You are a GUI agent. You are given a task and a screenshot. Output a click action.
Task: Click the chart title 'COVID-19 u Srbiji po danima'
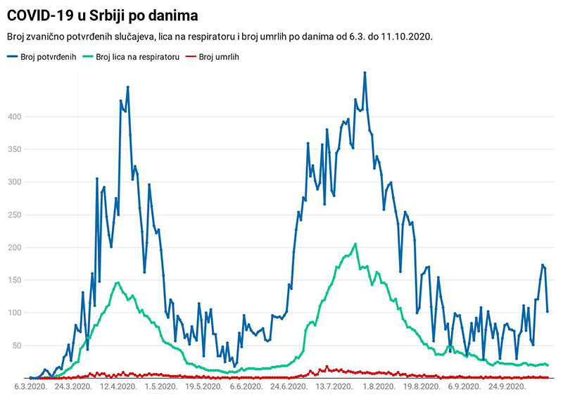pyautogui.click(x=102, y=15)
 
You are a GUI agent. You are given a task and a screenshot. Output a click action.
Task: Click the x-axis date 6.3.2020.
pyautogui.click(x=31, y=386)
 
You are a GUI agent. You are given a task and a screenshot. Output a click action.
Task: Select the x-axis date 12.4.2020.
pyautogui.click(x=118, y=386)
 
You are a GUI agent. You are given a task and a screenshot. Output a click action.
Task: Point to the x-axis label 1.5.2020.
pyautogui.click(x=160, y=386)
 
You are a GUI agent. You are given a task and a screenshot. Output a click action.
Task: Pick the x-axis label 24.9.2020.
pyautogui.click(x=507, y=386)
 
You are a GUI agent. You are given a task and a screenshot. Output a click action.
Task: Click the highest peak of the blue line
pyautogui.click(x=365, y=72)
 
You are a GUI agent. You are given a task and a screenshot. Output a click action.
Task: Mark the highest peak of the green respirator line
pyautogui.click(x=355, y=244)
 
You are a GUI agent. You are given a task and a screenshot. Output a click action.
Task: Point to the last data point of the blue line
pyautogui.click(x=548, y=311)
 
